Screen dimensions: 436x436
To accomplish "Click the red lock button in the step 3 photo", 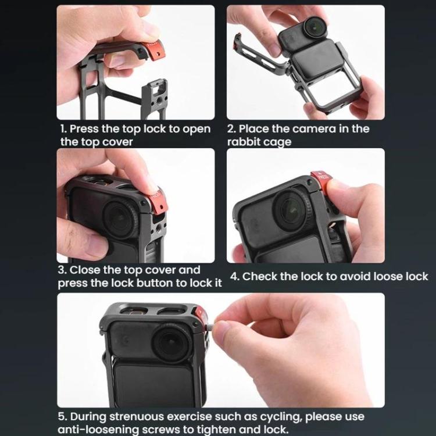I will tap(156, 200).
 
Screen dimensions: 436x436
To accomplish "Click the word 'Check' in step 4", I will tap(259, 276).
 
